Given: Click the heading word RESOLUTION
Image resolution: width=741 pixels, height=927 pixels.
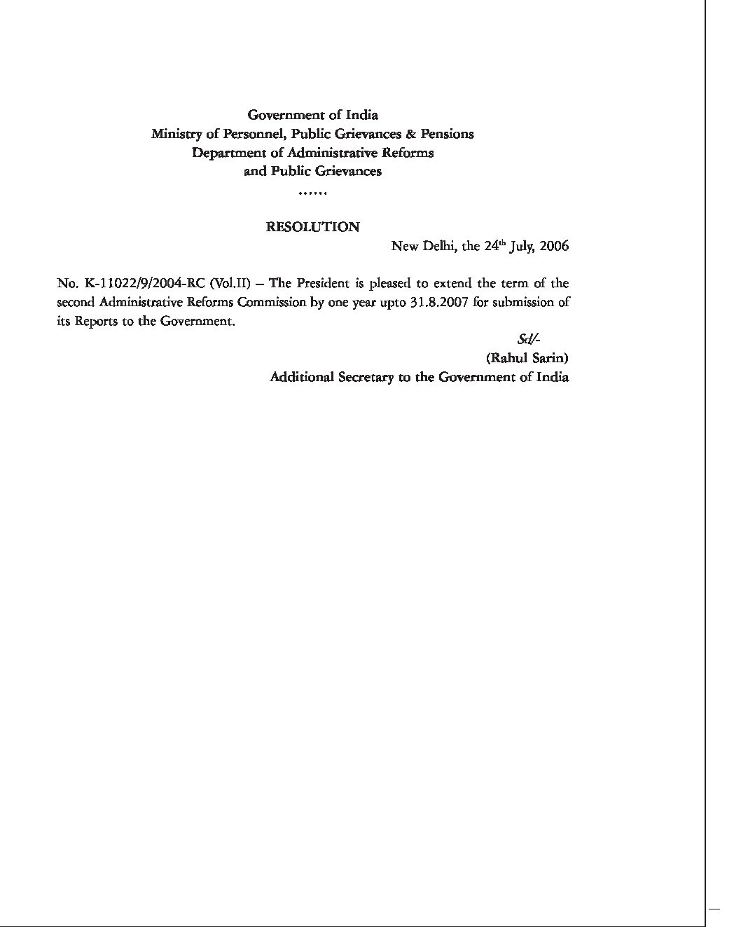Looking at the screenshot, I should click(313, 227).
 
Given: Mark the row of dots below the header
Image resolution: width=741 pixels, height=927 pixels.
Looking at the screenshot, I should click(312, 192).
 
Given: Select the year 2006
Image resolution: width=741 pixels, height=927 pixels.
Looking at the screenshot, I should click(554, 247).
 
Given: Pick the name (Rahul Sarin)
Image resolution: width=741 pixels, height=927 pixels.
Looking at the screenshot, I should click(527, 358).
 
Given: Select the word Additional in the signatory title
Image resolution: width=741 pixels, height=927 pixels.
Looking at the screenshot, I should click(302, 377).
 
